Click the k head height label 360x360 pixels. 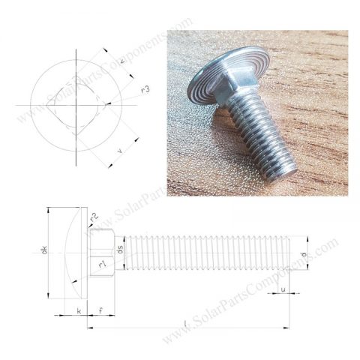[x=78, y=309]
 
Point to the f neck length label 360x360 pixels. [x=100, y=309]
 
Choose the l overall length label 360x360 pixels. [x=185, y=322]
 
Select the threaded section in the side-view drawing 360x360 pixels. [x=202, y=253]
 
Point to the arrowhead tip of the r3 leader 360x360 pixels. [x=108, y=103]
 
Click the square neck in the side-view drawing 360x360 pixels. [x=101, y=253]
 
